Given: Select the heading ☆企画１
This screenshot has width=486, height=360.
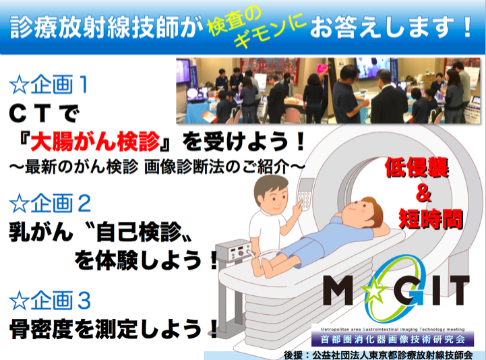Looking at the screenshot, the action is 49,85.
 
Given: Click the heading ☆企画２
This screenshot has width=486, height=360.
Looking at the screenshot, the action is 50,203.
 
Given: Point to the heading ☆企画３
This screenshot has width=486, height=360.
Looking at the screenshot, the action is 50,300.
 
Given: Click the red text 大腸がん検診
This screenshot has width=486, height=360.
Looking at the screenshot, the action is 95,142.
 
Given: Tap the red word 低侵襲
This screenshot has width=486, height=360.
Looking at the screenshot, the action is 417,167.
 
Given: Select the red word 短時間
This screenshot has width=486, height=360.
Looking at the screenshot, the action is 431,219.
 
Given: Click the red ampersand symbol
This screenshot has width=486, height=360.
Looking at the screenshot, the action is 424,193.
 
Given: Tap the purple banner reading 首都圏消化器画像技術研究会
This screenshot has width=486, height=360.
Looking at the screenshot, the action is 393,339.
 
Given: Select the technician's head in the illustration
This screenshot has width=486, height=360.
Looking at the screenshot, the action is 272,193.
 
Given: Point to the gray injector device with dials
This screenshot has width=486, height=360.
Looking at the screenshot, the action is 234,251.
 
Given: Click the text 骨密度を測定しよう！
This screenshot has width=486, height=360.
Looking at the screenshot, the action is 114,329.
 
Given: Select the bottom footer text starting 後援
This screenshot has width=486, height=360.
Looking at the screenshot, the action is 378,355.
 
